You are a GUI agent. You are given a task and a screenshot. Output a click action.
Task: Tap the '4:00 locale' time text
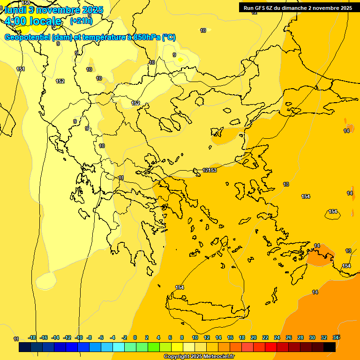pos(32,21)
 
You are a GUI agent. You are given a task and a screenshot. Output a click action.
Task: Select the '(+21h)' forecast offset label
pos(81,21)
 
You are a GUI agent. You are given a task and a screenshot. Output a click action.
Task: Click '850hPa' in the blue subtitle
pos(145,37)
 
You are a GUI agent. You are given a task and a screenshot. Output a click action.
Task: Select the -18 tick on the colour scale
pos(32,337)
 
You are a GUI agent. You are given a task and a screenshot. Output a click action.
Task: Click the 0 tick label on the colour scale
pos(135,337)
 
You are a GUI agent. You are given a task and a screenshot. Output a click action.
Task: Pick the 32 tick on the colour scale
pos(323,337)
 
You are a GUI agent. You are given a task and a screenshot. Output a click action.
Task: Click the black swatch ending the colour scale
pos(330,347)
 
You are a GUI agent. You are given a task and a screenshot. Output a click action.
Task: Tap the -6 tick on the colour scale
pos(101,337)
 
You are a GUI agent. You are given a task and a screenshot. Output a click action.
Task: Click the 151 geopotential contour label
pos(21,69)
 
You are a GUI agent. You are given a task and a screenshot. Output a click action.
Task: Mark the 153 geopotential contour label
pos(213,170)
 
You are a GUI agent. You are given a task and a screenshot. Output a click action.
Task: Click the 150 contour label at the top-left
pos(26,3)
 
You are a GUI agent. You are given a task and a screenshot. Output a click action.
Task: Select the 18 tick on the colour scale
pos(242,337)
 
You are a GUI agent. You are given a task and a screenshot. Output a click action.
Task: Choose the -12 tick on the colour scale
pos(67,337)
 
